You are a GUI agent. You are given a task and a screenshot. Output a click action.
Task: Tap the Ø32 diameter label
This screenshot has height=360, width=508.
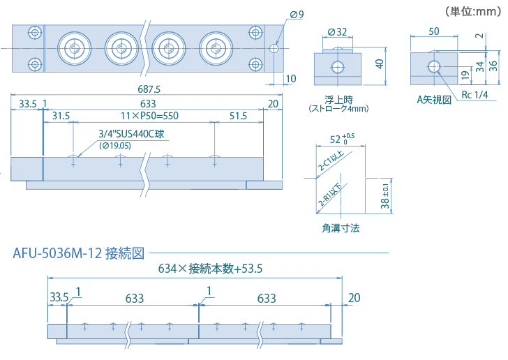point(337,31)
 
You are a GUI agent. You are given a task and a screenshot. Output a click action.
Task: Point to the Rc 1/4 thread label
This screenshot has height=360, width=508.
point(475,95)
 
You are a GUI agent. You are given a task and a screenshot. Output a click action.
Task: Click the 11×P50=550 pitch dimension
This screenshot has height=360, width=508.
point(150,116)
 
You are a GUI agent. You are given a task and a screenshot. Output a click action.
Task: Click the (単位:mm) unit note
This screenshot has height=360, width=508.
point(472,10)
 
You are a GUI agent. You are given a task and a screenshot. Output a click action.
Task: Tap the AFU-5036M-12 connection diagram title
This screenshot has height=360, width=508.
point(78,253)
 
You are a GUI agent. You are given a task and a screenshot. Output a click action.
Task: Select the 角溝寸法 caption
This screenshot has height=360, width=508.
point(341,227)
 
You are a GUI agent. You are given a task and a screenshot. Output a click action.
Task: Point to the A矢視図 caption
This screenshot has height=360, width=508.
point(434,100)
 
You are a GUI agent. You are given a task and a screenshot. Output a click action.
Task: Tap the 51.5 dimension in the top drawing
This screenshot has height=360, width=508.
point(239,116)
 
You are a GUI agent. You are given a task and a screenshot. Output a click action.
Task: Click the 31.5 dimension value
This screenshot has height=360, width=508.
point(61,116)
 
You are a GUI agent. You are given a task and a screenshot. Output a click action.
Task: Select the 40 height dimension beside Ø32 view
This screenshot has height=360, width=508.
point(380,63)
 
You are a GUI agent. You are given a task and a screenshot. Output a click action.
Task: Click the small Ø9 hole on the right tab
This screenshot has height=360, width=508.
point(274,48)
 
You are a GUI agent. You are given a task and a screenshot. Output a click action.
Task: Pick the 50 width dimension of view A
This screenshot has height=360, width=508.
point(433,31)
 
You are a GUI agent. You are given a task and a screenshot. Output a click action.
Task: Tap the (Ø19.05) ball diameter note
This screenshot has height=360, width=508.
point(116,145)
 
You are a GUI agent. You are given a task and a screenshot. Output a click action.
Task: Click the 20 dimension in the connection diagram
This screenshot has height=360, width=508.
point(354,298)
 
